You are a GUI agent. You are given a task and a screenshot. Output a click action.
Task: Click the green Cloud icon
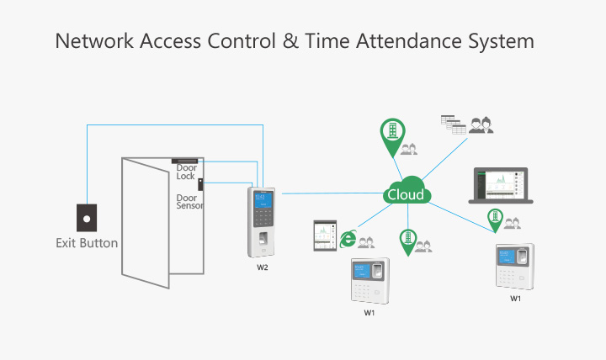pos(407,190)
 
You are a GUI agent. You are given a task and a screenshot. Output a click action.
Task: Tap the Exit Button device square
pos(87,218)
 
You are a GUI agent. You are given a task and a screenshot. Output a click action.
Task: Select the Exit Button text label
pos(87,243)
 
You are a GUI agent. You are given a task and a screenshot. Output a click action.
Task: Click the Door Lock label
pos(186,172)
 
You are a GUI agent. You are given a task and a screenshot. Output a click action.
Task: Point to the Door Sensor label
pos(189,202)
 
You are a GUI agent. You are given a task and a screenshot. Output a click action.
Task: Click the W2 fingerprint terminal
pos(262,222)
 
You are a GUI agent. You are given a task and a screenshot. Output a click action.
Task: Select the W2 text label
pos(263,267)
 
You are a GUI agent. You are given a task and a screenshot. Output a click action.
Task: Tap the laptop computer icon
pos(501,185)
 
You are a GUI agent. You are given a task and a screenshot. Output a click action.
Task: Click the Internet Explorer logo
pos(348,239)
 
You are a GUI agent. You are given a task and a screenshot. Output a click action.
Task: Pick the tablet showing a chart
pos(325,236)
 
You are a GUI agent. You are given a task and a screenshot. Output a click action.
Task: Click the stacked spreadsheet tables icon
pos(454,124)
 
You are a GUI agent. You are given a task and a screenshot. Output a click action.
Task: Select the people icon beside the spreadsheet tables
pos(481,125)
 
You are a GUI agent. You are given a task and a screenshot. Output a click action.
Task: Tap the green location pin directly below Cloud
pos(407,242)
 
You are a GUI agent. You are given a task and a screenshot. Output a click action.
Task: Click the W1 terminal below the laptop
pos(515,267)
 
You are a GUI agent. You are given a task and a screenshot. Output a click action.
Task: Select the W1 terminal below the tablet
pos(369,281)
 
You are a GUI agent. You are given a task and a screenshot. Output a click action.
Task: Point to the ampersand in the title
pos(290,41)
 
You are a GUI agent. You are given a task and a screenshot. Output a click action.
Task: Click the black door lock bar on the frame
pos(184,161)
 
